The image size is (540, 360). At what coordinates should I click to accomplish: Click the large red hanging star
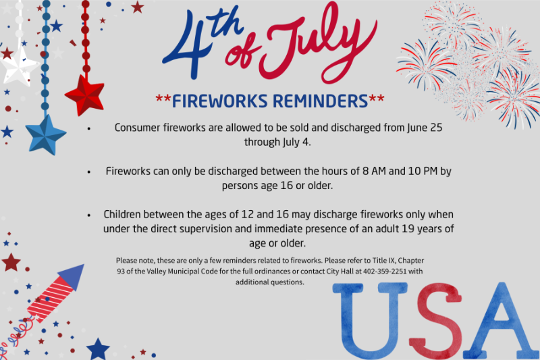click(85, 95)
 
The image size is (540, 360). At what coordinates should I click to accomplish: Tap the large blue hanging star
click(45, 134)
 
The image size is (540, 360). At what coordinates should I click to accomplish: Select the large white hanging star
click(19, 66)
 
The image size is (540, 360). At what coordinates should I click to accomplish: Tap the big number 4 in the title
click(188, 45)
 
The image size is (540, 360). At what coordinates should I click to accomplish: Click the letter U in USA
click(370, 321)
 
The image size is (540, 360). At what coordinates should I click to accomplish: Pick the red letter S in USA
click(435, 321)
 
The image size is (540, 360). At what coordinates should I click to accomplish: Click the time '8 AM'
click(374, 171)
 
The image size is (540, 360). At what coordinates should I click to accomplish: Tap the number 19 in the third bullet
click(408, 229)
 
